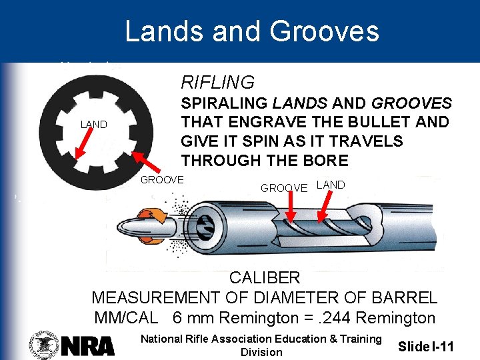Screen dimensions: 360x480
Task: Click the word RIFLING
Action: coord(217,83)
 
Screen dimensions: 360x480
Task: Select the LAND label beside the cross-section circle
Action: coord(93,125)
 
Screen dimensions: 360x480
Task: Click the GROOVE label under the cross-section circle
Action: coord(162,180)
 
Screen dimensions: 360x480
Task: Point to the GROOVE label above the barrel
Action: coord(284,188)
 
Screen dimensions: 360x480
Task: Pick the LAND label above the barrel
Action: coord(331,185)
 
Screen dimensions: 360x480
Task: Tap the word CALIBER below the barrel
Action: coord(265,277)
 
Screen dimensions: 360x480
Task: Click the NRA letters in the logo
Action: coord(89,345)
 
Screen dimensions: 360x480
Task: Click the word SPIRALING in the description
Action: coord(224,104)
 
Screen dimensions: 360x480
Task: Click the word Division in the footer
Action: coord(261,353)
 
